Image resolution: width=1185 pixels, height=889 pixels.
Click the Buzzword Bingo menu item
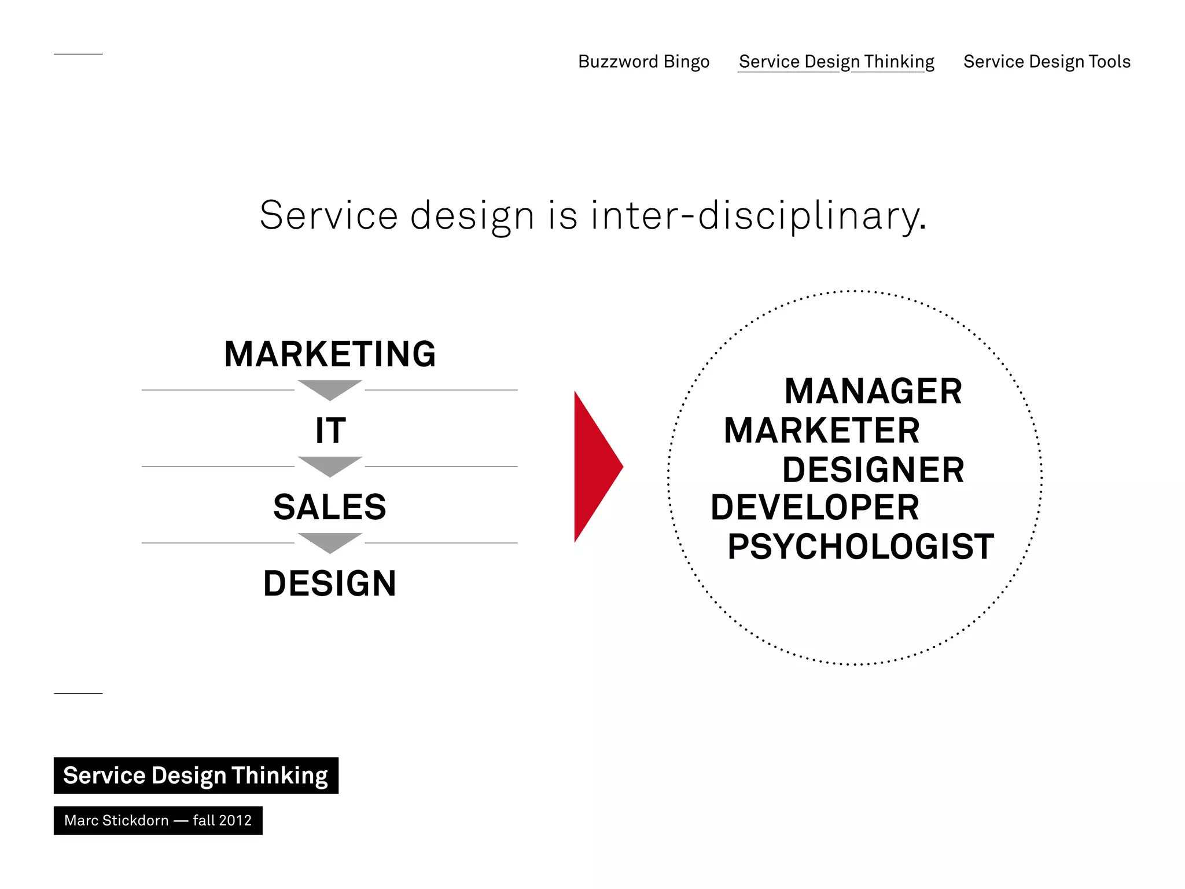coord(643,61)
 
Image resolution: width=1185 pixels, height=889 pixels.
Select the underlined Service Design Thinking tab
coord(836,61)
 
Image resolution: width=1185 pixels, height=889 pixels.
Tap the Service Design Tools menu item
coord(1046,61)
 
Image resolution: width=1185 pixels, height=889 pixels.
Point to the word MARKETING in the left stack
coord(330,354)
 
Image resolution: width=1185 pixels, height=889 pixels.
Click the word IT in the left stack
coord(330,431)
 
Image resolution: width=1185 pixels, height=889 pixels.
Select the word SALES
coord(330,507)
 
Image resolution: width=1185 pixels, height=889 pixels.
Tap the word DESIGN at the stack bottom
coord(330,583)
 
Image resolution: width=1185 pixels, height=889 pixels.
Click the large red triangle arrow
coord(593,466)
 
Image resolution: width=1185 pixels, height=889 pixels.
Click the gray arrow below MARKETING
coord(330,388)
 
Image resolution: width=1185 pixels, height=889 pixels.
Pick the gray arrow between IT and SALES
coord(330,465)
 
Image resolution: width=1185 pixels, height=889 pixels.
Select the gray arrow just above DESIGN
coord(330,541)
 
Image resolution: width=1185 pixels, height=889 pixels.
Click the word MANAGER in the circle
coord(873,391)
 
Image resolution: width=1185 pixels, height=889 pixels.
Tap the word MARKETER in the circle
coord(822,431)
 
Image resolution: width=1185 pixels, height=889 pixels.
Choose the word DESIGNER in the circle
coord(873,469)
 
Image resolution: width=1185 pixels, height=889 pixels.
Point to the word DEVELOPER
coord(815,508)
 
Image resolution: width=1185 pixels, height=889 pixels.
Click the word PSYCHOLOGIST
coord(860,546)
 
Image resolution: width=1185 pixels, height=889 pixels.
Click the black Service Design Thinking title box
coord(196,776)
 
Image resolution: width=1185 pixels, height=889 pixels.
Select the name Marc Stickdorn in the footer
coord(116,821)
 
